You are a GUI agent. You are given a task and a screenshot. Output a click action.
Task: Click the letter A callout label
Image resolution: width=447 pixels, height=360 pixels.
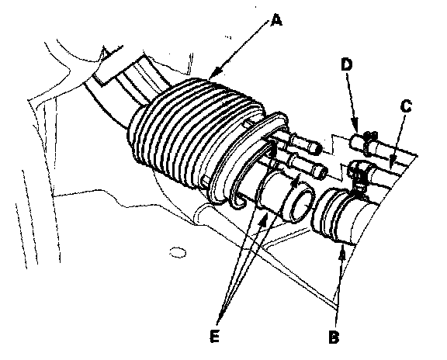coord(276,21)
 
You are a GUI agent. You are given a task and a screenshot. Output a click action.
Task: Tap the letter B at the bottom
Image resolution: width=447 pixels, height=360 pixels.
coord(334,337)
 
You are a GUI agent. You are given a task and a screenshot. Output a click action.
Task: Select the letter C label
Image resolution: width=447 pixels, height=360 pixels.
coord(406,106)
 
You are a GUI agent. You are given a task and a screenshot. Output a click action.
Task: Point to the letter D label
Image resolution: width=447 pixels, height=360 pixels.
coord(347,65)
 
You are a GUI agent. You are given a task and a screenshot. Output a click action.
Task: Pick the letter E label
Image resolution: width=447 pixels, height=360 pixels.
coord(214,336)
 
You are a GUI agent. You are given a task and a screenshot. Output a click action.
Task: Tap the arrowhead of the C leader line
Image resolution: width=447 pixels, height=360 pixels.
coord(392,164)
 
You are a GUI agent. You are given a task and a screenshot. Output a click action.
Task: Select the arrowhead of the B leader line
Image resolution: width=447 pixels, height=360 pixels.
coord(343,254)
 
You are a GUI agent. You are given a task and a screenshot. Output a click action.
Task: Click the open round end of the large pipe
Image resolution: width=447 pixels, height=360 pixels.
coord(303,204)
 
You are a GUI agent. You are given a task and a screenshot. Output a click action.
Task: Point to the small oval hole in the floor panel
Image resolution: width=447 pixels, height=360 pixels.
coord(177,253)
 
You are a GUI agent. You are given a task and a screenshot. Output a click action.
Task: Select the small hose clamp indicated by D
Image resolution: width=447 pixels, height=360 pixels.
coord(368,142)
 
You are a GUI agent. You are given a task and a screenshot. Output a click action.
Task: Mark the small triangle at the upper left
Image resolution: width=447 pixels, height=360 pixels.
coord(106,53)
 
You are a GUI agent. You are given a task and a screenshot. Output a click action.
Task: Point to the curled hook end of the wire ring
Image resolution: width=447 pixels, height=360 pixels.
coord(239,202)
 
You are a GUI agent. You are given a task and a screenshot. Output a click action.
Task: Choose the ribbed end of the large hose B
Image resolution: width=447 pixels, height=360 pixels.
coord(327,213)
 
